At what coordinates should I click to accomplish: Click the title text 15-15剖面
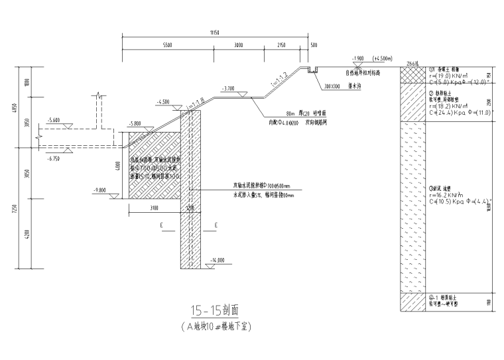click(x=214, y=310)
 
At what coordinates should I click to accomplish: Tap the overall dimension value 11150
click(x=214, y=32)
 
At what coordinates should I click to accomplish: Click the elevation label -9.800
click(x=101, y=190)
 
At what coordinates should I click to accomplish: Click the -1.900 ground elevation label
click(x=359, y=58)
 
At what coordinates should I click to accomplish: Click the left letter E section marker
click(x=162, y=225)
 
